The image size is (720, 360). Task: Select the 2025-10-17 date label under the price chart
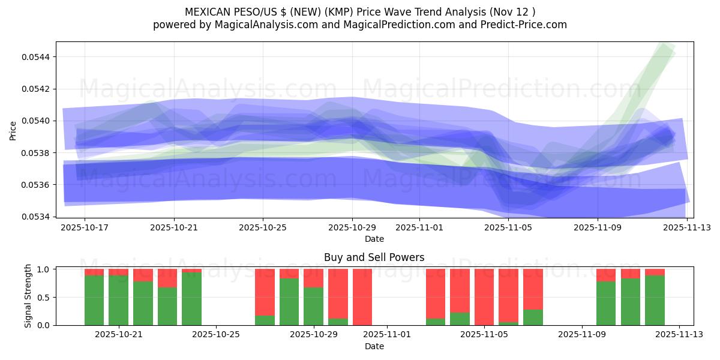coord(85,228)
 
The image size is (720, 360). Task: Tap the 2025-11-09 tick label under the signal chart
coord(582,335)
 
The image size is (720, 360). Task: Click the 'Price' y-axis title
coord(13,130)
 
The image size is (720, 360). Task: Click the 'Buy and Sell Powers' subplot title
coord(374,257)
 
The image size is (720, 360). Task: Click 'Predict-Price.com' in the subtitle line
coord(519,25)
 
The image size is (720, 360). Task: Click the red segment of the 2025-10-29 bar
coord(313,278)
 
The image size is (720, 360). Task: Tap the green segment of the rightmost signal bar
coord(655,300)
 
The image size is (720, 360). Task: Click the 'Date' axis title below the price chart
coord(374,239)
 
